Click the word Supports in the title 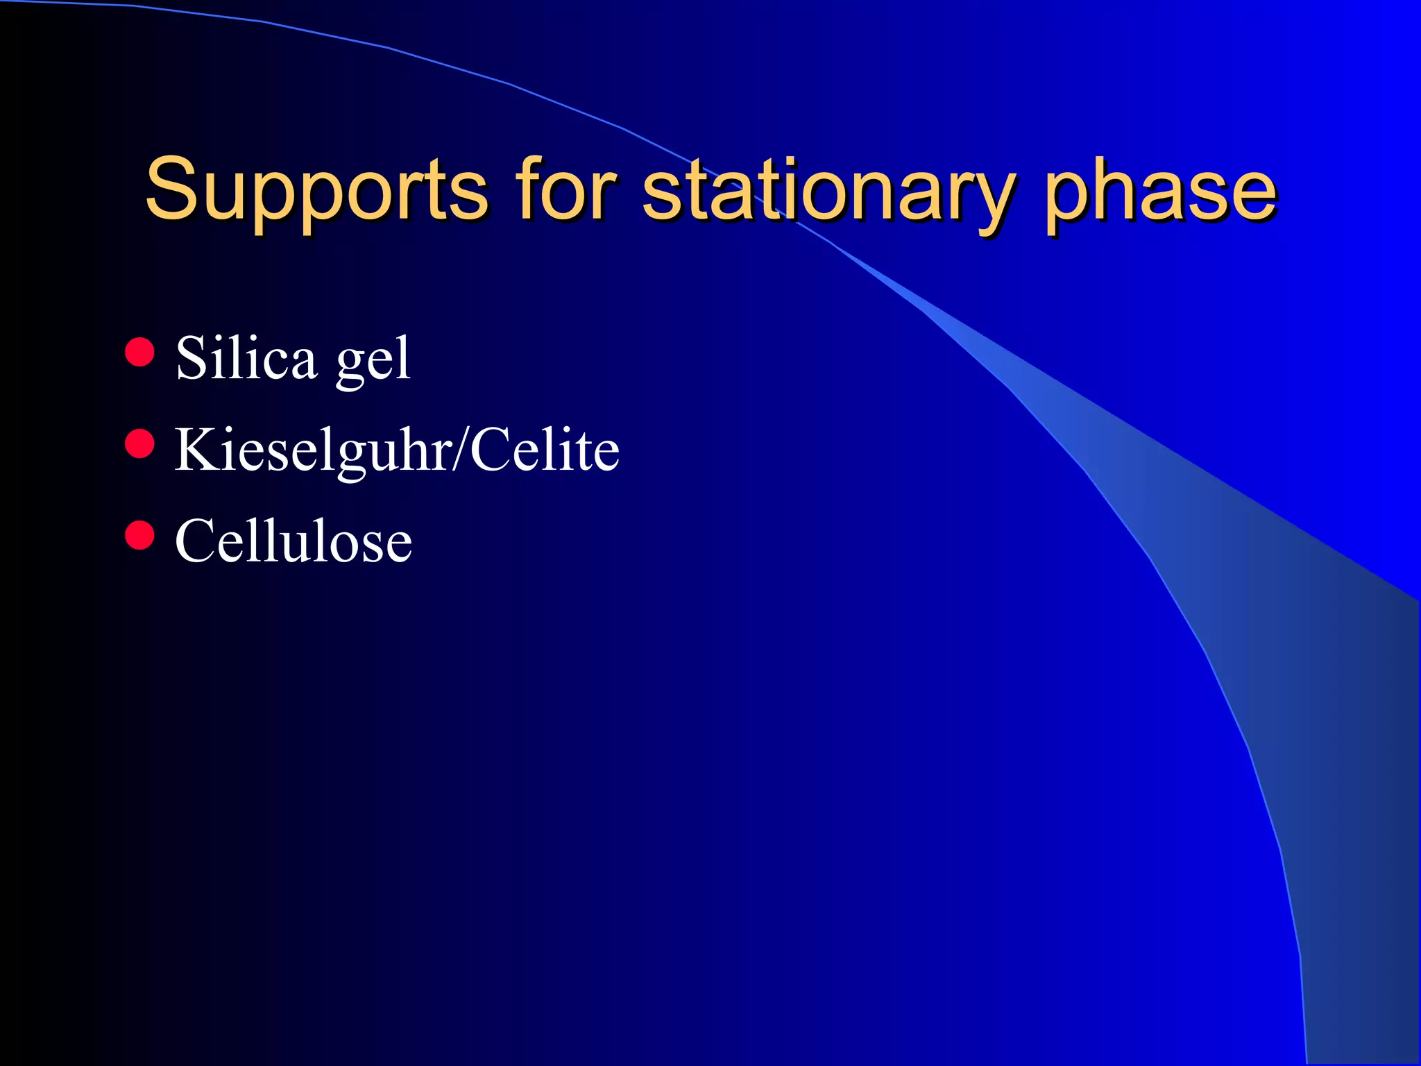tap(316, 191)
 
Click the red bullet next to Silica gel tap(139, 352)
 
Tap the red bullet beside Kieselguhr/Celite tap(139, 443)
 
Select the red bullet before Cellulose tap(139, 535)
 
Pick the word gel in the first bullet tap(373, 363)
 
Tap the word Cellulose tap(293, 541)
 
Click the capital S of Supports tap(171, 189)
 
